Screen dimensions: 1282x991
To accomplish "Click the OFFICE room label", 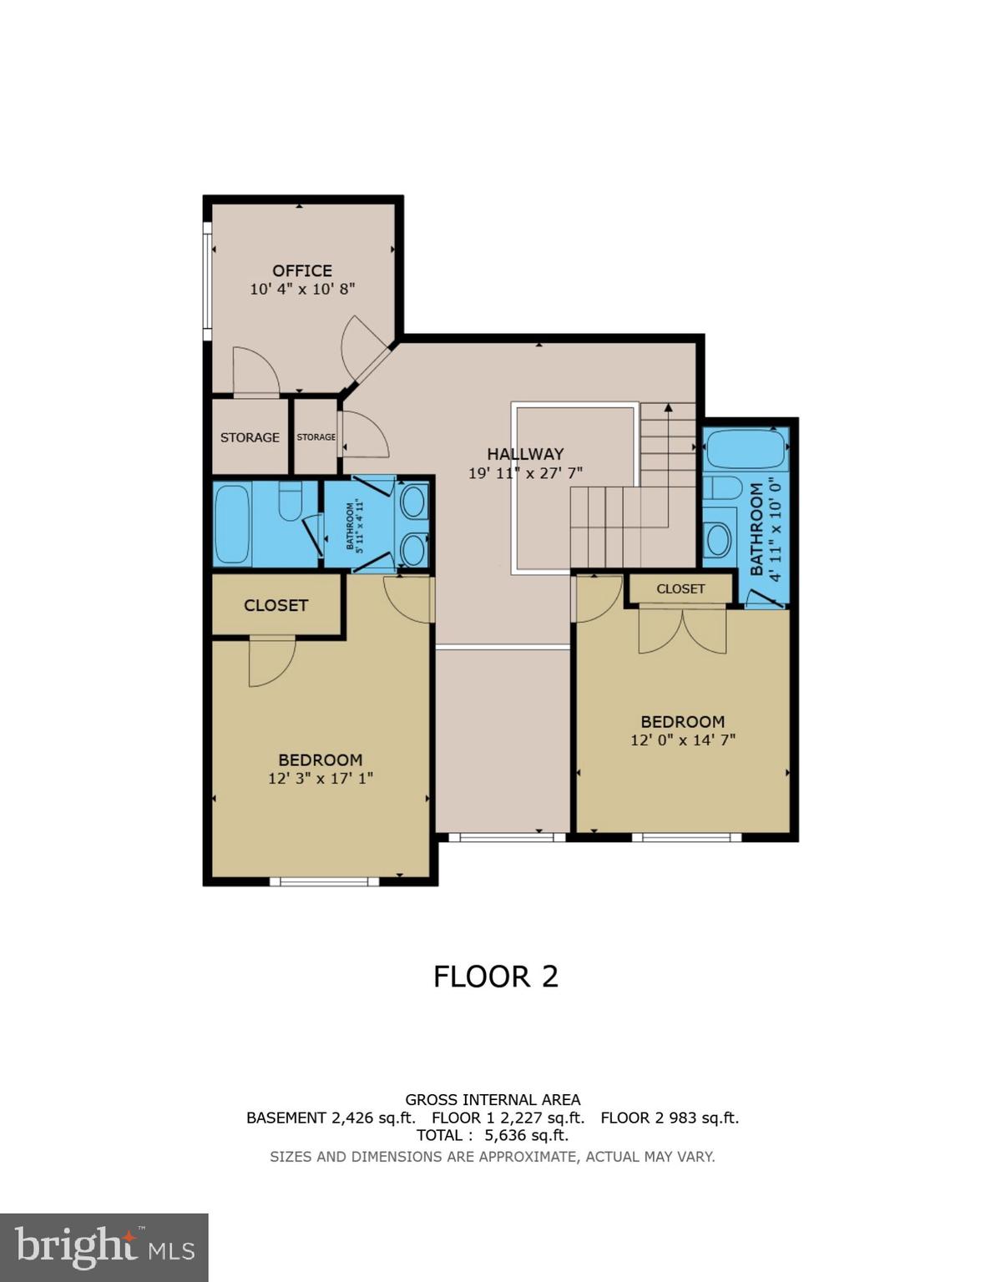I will (x=301, y=270).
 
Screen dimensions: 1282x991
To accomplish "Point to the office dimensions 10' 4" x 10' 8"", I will (x=302, y=290).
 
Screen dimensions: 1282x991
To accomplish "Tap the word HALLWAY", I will (x=525, y=454).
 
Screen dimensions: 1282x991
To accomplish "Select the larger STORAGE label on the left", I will (x=250, y=437).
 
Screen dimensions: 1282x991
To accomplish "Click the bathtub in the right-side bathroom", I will (x=746, y=450).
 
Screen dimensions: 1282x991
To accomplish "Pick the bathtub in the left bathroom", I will (x=233, y=525).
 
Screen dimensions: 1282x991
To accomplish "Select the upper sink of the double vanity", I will (x=412, y=502).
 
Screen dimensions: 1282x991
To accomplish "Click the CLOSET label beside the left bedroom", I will (x=276, y=605).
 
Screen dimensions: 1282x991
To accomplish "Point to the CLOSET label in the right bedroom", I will (x=680, y=588).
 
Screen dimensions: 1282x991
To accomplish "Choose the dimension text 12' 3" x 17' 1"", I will (x=320, y=779).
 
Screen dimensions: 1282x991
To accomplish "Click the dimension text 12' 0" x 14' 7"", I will (x=682, y=740).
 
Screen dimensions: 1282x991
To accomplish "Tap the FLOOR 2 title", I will (x=495, y=977).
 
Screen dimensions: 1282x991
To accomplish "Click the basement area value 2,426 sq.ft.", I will (x=373, y=1118).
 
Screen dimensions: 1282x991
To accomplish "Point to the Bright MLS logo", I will (x=104, y=1248).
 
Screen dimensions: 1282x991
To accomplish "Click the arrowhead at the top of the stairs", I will (x=668, y=408).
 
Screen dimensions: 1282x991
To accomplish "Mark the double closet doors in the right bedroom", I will (x=682, y=631).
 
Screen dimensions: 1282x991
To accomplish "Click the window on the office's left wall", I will (x=207, y=280).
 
